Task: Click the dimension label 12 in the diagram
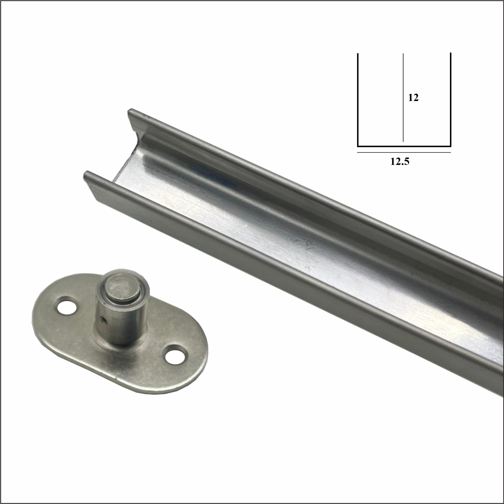[413, 98]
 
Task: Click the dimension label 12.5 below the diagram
[400, 162]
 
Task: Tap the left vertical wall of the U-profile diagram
[358, 100]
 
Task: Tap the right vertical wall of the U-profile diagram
[450, 100]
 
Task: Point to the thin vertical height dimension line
[403, 98]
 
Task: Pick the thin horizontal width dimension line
[404, 152]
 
